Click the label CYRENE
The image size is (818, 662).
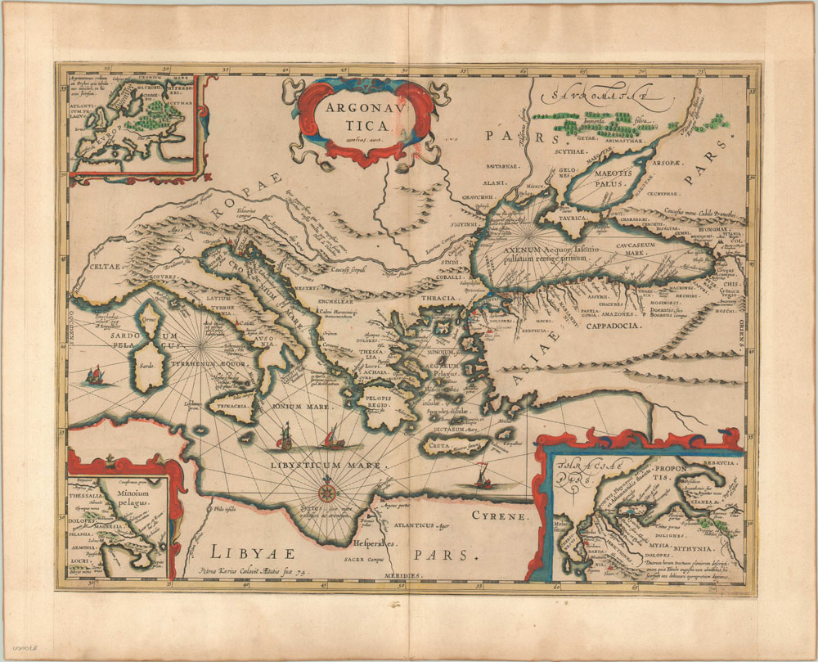coord(500,516)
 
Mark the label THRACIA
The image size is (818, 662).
coord(438,298)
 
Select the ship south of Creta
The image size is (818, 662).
coord(481,477)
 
